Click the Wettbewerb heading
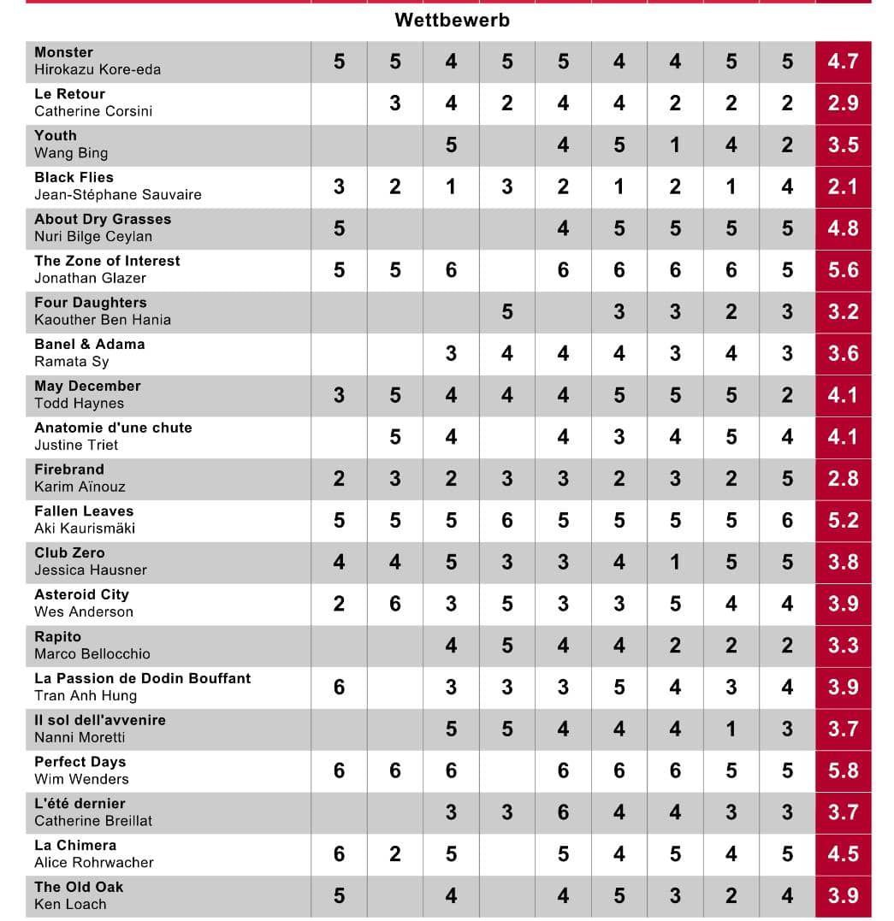tap(452, 20)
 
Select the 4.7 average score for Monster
tap(843, 62)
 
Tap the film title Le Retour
tap(70, 94)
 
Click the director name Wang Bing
tap(71, 153)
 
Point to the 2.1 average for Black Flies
tap(843, 186)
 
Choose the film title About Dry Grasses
tap(103, 219)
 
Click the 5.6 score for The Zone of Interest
tap(843, 270)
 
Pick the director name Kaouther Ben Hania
tap(103, 320)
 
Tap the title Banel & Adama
tap(90, 345)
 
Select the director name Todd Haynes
tap(79, 404)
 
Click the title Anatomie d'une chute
tap(113, 428)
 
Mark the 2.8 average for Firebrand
tap(843, 479)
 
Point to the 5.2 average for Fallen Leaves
tap(843, 521)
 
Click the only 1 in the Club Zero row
tap(675, 562)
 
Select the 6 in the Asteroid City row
tap(395, 604)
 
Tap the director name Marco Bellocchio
tap(92, 654)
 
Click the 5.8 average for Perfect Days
tap(843, 770)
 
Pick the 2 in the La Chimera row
tap(395, 854)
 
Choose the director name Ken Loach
tap(71, 904)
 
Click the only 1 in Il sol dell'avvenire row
tap(731, 729)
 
